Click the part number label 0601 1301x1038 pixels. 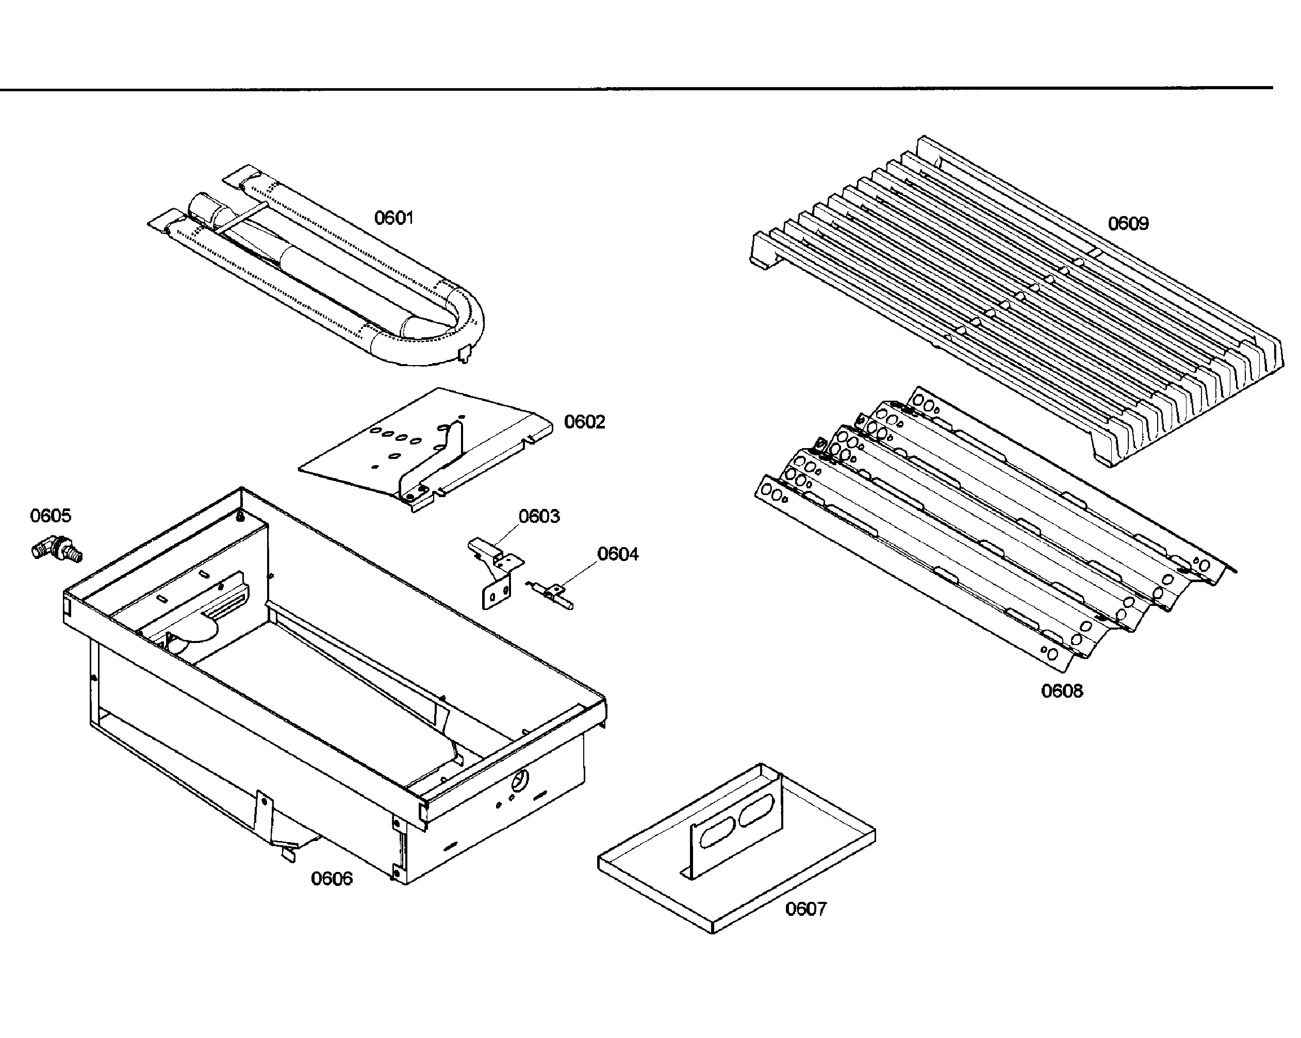pos(394,217)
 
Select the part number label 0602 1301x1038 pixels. pos(585,421)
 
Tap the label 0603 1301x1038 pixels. pos(539,516)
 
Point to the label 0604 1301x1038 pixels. pos(618,553)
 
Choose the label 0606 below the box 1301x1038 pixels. pos(332,878)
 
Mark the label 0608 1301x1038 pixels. pos(1062,690)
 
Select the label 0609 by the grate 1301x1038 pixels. pos(1128,223)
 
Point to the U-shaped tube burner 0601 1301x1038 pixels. pos(316,265)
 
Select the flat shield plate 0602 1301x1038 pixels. pos(425,450)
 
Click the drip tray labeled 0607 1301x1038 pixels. pos(737,848)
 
